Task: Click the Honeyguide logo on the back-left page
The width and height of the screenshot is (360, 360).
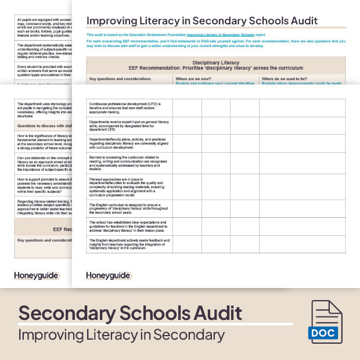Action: [36, 275]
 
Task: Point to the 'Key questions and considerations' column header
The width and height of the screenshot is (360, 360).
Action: [117, 78]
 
